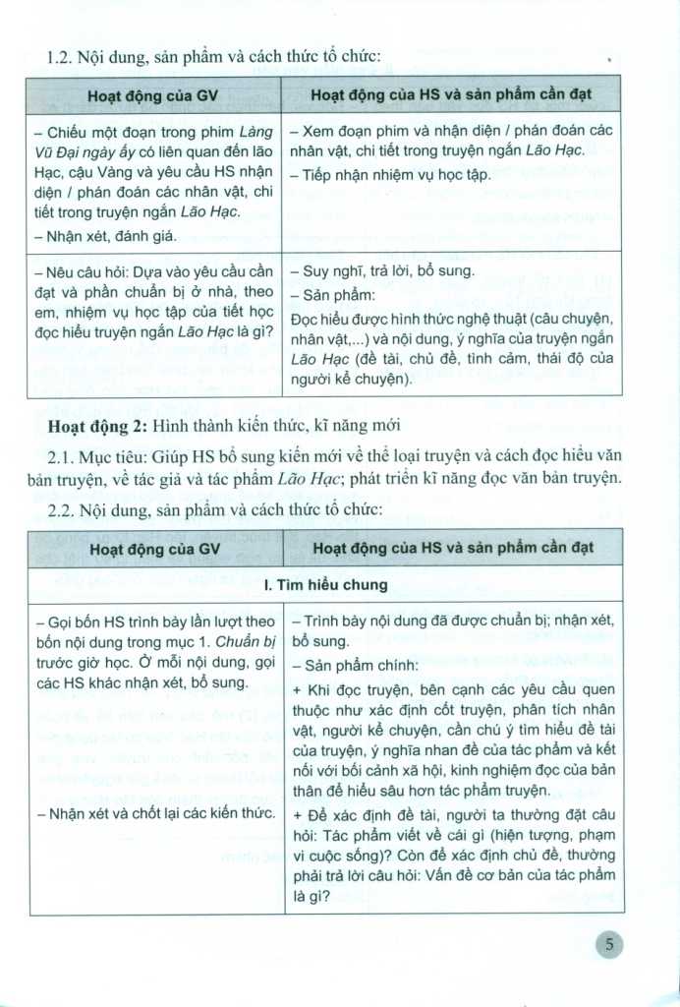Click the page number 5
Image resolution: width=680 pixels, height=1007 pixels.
point(610,946)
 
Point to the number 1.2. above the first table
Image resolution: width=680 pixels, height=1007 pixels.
point(65,57)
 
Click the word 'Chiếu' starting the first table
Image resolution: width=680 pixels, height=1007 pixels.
point(66,131)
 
